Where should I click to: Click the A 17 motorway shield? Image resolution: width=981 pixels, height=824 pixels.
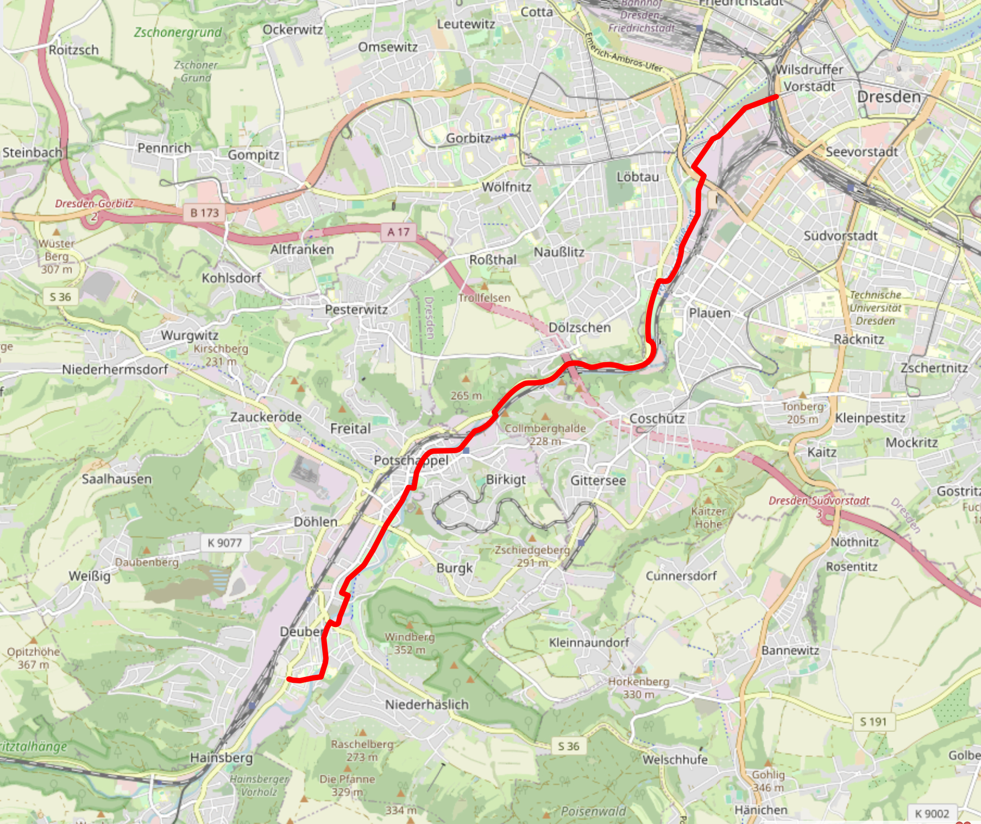[x=398, y=232]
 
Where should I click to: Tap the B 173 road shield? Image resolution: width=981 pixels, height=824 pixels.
[x=204, y=213]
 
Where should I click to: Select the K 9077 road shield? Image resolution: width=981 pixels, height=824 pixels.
[x=224, y=542]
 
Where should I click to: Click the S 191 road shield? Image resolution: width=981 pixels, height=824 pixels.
[x=873, y=721]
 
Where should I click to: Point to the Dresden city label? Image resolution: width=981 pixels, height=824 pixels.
[x=889, y=97]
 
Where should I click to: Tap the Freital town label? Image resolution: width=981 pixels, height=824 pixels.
[x=350, y=429]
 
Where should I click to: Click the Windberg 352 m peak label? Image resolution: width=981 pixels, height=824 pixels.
[x=410, y=643]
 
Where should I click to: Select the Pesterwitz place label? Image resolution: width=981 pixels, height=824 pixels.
[x=356, y=309]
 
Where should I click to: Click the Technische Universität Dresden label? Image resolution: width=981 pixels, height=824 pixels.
[x=875, y=308]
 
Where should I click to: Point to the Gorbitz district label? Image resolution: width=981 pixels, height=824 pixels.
[x=468, y=138]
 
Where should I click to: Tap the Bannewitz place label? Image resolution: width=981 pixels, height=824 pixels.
[x=790, y=650]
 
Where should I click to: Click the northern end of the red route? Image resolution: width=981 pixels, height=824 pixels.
[x=776, y=97]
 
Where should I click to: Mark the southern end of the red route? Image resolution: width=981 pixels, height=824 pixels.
[x=288, y=679]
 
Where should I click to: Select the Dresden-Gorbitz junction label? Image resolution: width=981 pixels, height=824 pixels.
[x=94, y=204]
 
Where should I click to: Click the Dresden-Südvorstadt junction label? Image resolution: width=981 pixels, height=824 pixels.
[x=819, y=500]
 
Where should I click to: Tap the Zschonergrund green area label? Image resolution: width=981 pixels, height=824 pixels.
[x=178, y=33]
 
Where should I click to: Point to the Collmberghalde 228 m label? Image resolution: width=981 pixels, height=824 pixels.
[x=545, y=434]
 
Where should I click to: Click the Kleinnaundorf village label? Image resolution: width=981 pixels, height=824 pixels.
[x=589, y=642]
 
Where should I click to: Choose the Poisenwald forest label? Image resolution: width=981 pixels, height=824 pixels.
[x=593, y=811]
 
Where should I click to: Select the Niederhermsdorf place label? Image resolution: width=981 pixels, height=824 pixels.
[x=115, y=370]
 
